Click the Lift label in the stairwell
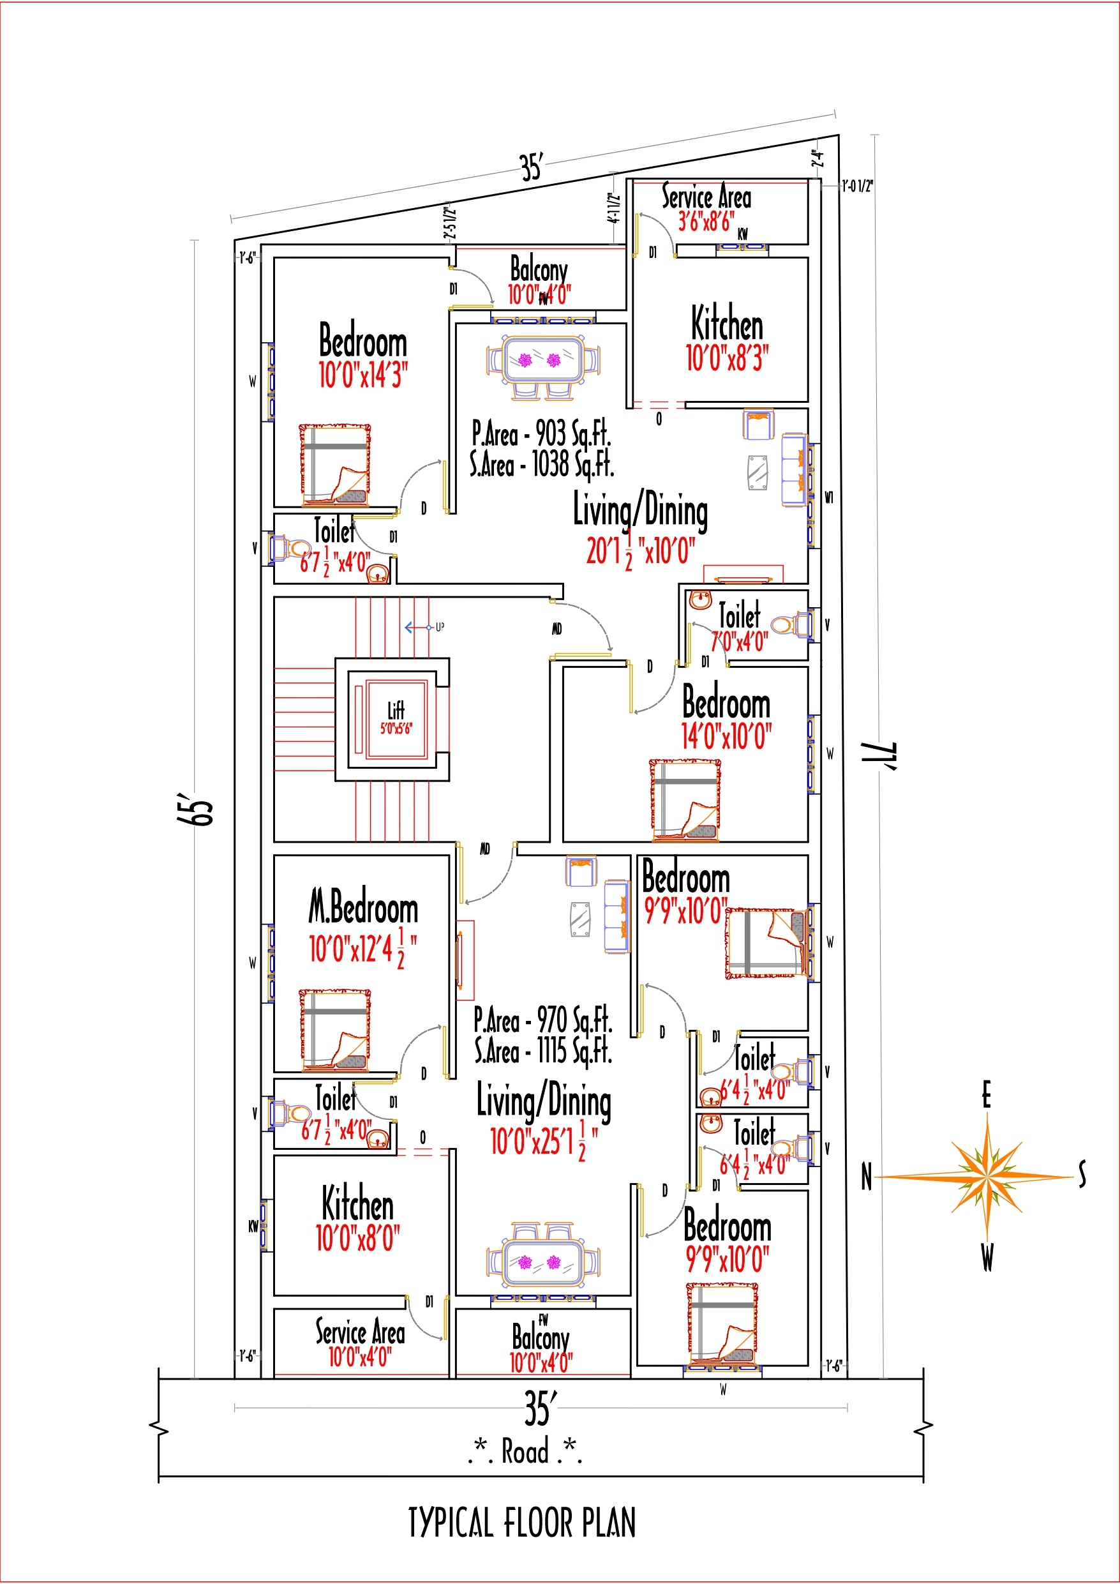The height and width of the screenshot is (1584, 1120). click(396, 710)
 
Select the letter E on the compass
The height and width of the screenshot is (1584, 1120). click(986, 1095)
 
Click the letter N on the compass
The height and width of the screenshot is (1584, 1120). click(866, 1177)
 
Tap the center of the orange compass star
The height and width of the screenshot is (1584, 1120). click(987, 1175)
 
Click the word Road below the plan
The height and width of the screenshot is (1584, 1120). click(525, 1450)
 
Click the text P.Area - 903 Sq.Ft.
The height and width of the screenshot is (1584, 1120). click(541, 434)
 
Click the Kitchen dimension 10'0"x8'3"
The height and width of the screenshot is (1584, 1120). click(727, 358)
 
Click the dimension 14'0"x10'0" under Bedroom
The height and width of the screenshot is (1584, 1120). click(726, 736)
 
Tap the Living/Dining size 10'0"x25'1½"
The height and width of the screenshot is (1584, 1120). click(544, 1142)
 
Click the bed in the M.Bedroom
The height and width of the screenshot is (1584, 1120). click(335, 1030)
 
